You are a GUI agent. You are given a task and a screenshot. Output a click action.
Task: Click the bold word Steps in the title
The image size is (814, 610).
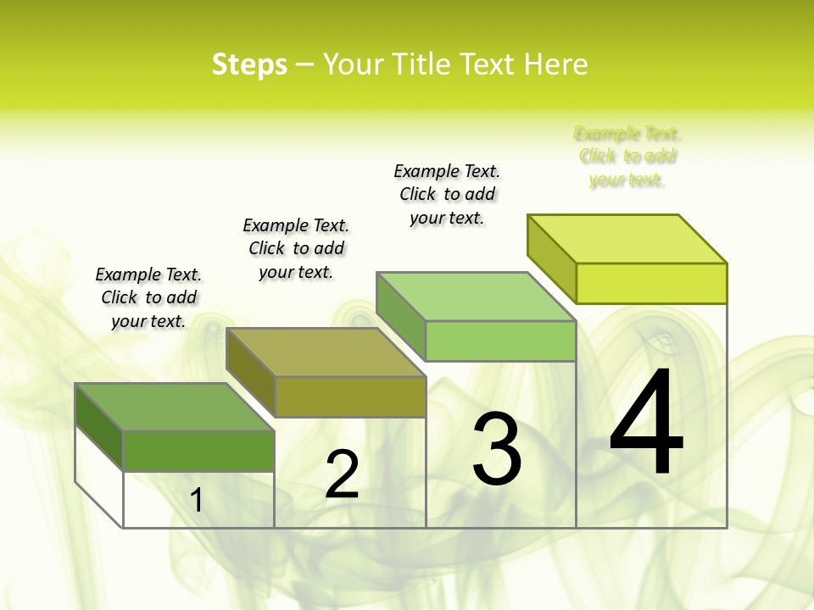[249, 65]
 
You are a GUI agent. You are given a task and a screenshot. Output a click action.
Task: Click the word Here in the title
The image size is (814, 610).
[555, 65]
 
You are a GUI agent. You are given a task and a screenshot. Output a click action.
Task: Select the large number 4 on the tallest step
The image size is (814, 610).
[646, 424]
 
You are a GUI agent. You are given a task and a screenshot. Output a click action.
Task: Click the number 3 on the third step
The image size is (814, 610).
[496, 449]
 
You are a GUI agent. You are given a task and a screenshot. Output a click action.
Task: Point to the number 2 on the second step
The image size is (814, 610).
[342, 474]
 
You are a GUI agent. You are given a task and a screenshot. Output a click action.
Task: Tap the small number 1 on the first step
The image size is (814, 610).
[197, 501]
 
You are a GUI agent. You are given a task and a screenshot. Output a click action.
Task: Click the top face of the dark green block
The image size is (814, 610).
[175, 408]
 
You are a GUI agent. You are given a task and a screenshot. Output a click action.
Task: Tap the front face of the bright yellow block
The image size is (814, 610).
[651, 283]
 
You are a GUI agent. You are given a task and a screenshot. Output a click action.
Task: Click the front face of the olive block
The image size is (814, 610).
[350, 396]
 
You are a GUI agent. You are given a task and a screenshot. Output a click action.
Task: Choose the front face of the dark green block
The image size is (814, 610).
[198, 451]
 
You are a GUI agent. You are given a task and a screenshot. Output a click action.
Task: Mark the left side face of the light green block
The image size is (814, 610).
[400, 315]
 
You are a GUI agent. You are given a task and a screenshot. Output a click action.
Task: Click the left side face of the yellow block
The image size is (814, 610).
[551, 258]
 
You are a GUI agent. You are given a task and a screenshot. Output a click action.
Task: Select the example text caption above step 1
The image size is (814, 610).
[148, 297]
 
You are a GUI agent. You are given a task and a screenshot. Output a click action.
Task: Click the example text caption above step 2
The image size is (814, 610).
[296, 248]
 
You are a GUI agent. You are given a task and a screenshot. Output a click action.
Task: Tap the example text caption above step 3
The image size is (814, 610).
[447, 194]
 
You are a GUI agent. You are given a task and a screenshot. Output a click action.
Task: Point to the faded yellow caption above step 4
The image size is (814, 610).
[627, 156]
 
